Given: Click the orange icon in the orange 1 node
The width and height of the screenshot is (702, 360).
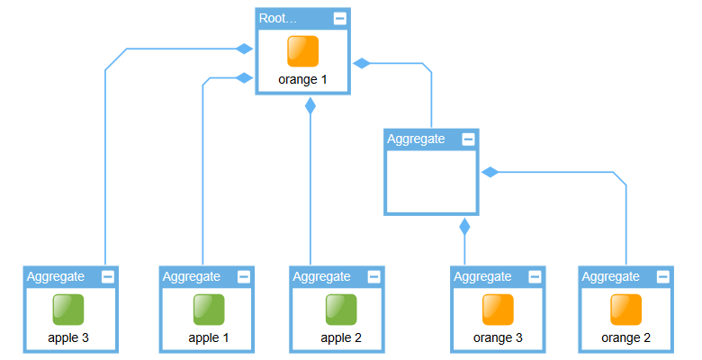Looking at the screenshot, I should (303, 51).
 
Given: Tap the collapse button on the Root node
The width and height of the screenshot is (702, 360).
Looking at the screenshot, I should (339, 18).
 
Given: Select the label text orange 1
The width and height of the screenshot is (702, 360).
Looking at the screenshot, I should (303, 79).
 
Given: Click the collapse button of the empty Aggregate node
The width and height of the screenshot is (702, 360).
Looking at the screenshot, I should (468, 139).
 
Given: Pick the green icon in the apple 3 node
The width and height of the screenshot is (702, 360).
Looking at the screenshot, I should (68, 310).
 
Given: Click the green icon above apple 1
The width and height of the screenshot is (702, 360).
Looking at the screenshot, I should (209, 310).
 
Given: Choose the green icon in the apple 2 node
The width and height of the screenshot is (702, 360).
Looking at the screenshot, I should (341, 310).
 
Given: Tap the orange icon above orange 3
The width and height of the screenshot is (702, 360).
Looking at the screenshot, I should (498, 310).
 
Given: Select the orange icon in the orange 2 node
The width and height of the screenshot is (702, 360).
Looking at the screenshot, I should (626, 310).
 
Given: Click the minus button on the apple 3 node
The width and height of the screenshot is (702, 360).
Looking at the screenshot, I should (108, 276).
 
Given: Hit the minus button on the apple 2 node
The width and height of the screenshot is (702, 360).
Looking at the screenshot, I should (373, 276).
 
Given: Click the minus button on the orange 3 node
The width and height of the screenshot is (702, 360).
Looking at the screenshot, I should (535, 276).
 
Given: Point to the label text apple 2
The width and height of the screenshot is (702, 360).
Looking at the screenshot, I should (341, 338).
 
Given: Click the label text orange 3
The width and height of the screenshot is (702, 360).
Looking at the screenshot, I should (498, 338).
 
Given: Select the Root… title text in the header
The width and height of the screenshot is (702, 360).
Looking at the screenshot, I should (278, 18).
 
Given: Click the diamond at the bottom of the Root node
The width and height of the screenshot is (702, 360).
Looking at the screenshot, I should (310, 105).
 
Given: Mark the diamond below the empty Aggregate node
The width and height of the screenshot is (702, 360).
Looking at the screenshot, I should (464, 226).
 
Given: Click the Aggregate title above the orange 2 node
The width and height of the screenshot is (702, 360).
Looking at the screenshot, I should (611, 276).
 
